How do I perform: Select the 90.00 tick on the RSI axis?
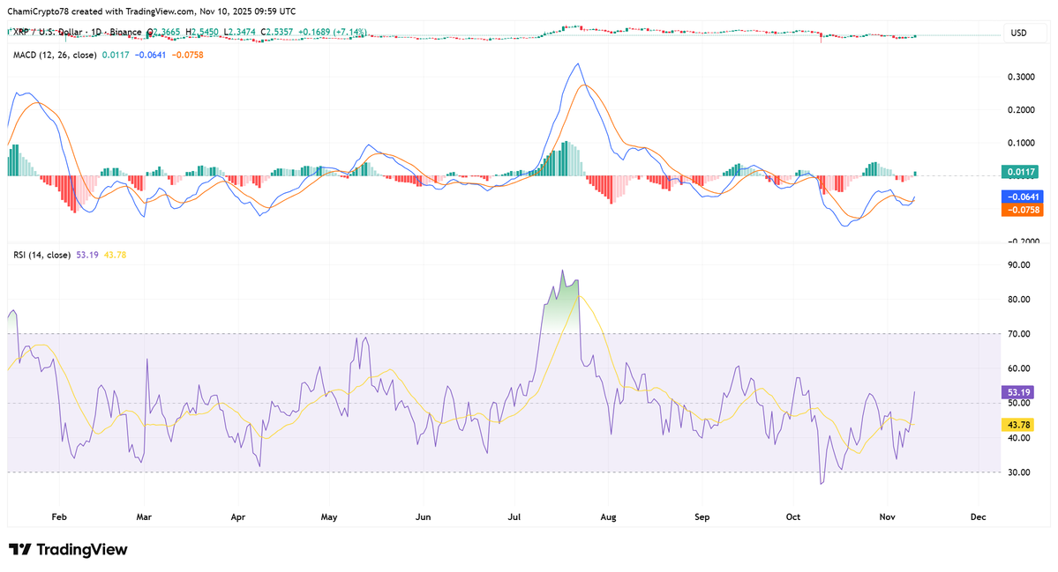1019,265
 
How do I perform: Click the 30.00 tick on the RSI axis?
1019,472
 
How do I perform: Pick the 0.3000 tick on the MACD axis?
1021,77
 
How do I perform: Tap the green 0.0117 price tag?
1020,172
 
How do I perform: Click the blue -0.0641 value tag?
1022,197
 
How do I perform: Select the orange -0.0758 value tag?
1022,210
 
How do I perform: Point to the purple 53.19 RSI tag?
1020,392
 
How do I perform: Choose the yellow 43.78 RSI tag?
1020,425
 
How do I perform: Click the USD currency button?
1018,33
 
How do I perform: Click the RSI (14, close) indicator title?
41,255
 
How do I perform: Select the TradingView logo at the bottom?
69,550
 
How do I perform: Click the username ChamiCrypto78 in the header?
40,11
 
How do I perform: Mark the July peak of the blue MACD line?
577,63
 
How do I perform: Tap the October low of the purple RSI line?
822,483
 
